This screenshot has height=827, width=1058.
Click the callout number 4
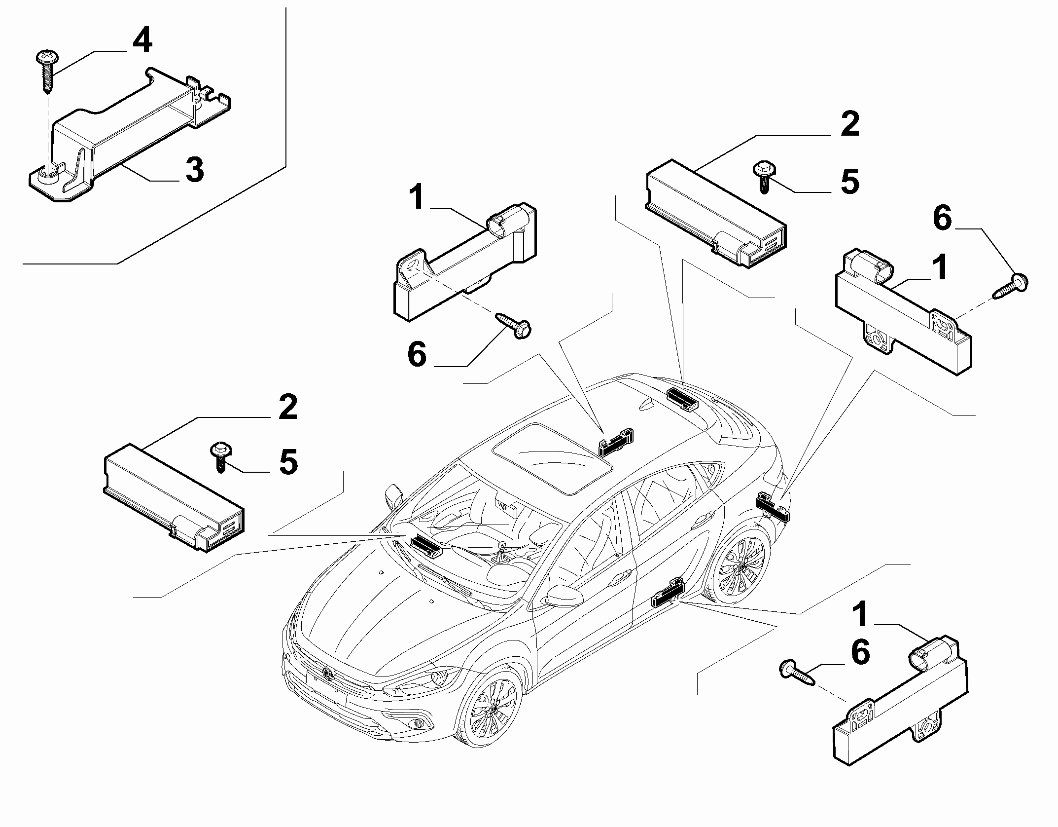click(x=142, y=40)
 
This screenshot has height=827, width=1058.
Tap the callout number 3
click(x=194, y=170)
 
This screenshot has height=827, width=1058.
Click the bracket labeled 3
click(x=129, y=133)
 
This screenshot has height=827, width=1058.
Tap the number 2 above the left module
click(x=288, y=407)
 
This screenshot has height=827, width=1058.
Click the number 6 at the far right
click(x=942, y=219)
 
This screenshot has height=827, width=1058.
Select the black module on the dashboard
click(x=427, y=546)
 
